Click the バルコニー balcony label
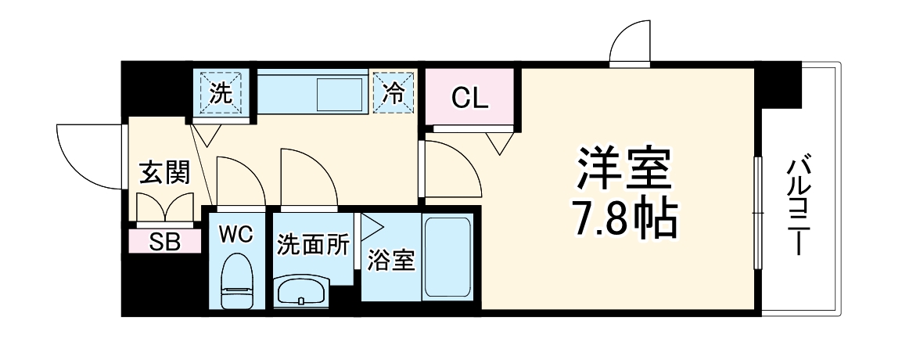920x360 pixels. point(798,207)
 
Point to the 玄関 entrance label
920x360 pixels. point(164,173)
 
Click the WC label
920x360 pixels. point(235,235)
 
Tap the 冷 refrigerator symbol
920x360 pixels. point(394,94)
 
